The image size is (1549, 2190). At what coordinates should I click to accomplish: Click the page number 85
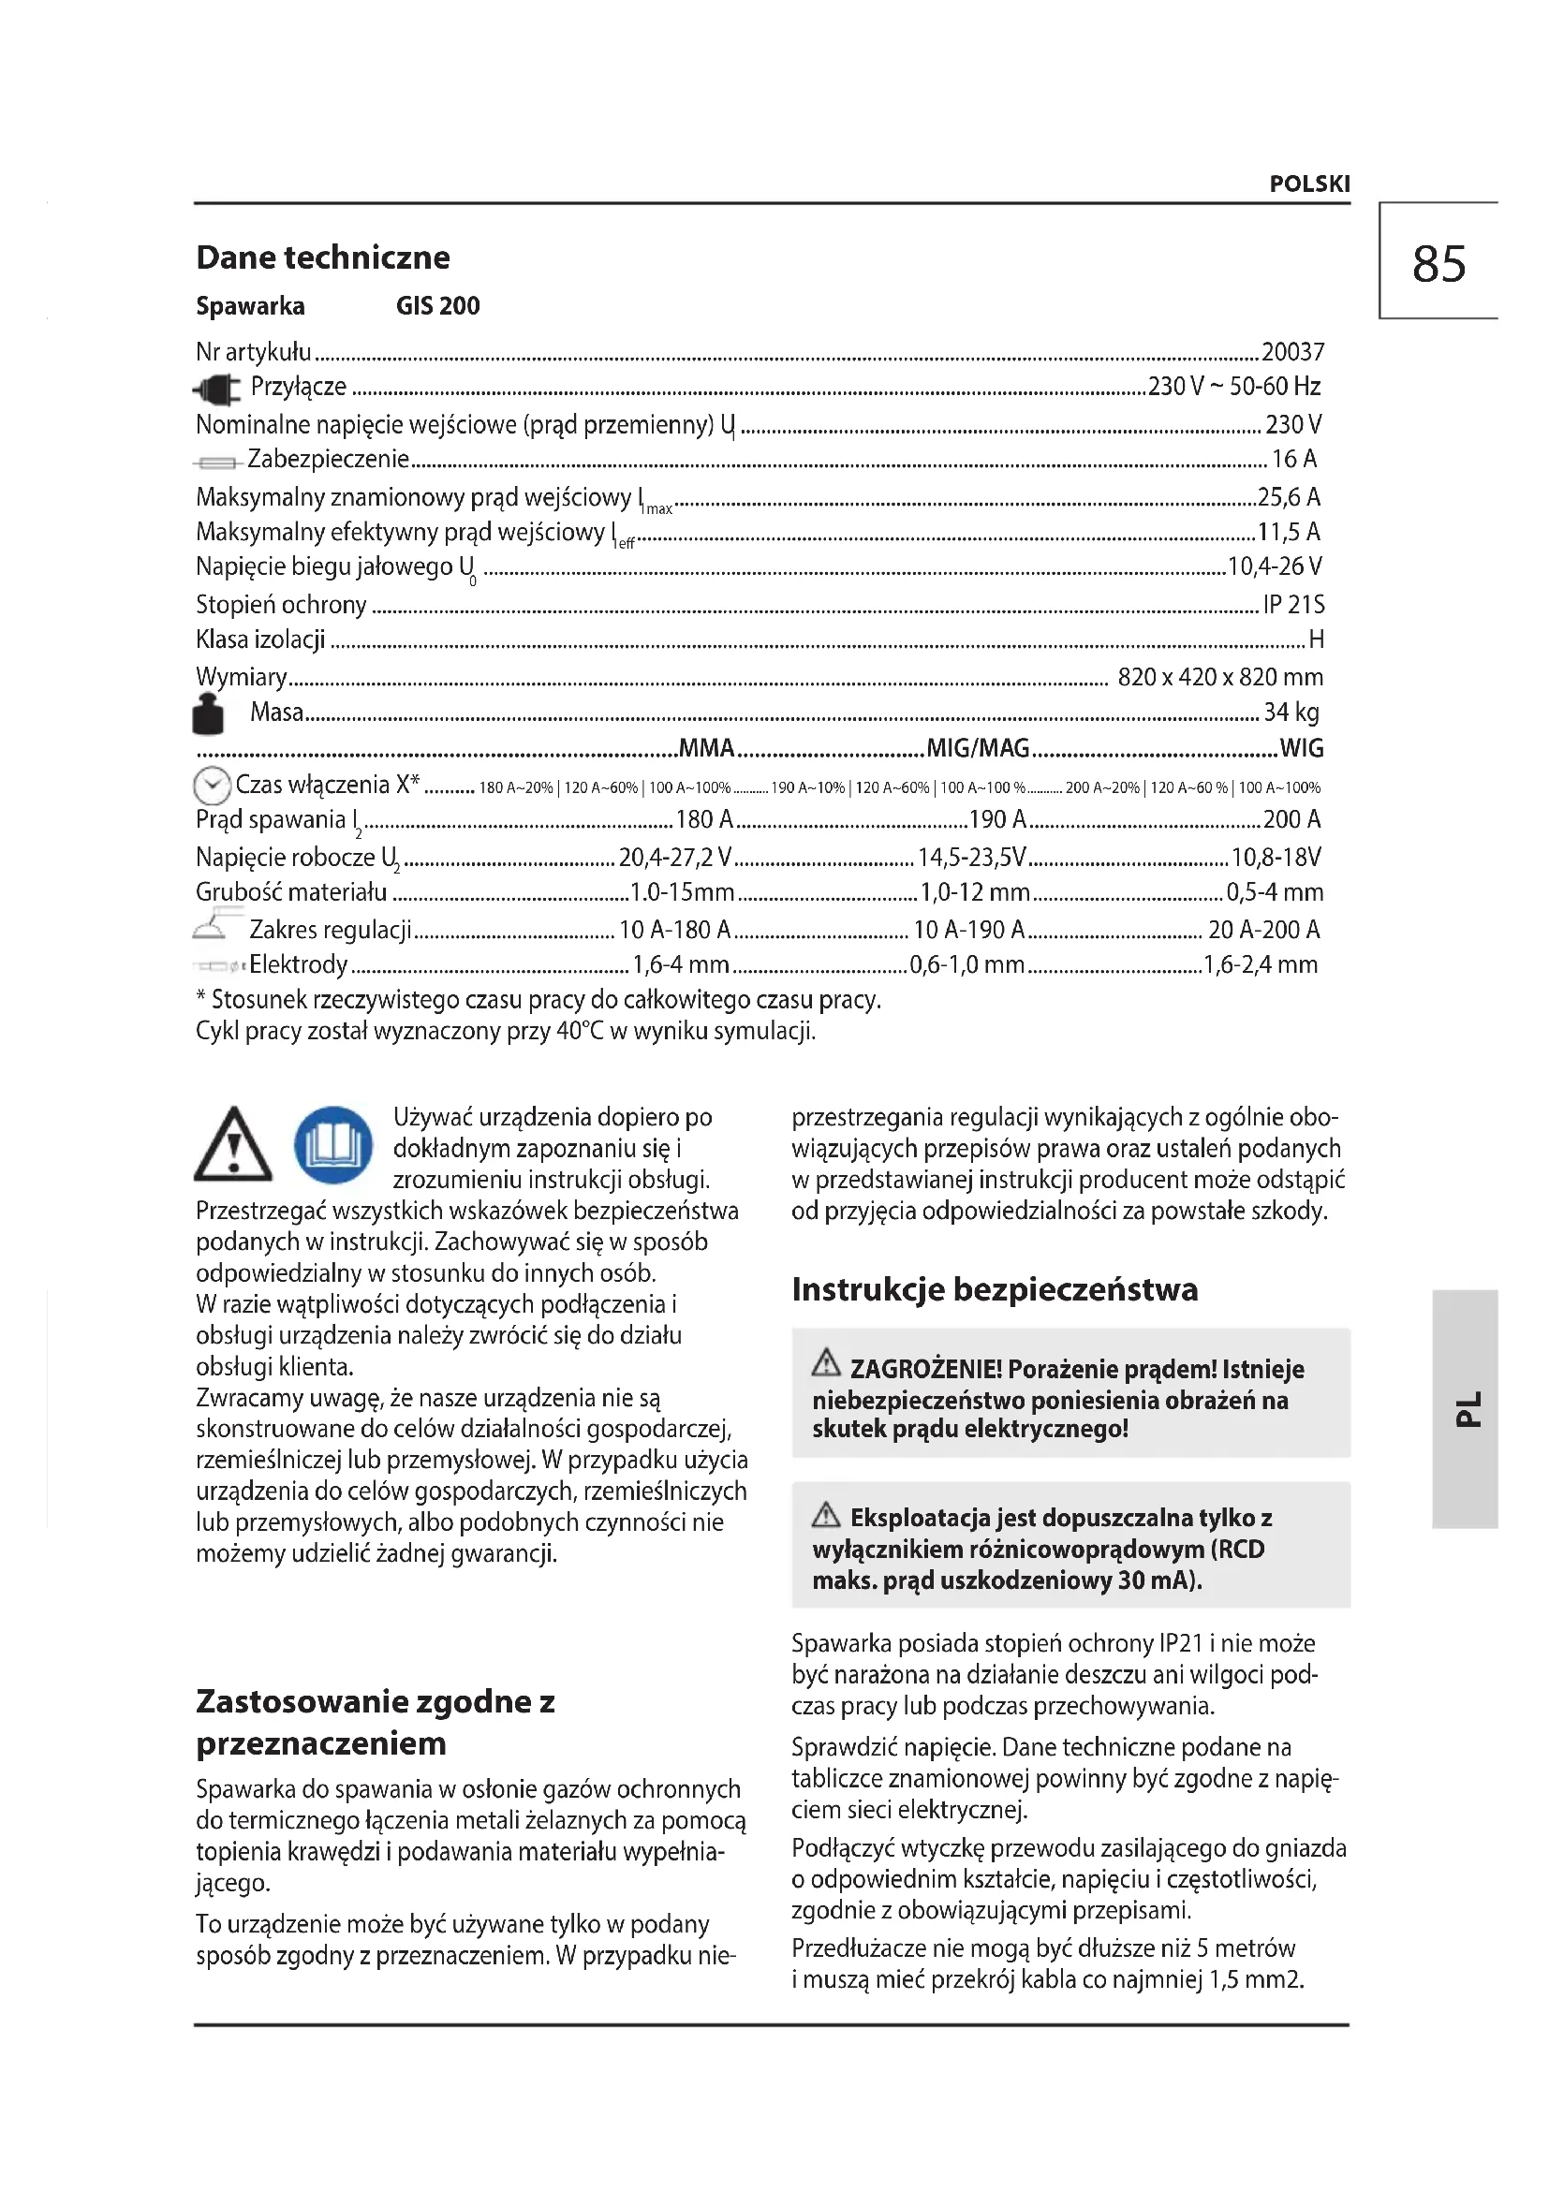pyautogui.click(x=1438, y=264)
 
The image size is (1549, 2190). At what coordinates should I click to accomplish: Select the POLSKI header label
pyautogui.click(x=1309, y=184)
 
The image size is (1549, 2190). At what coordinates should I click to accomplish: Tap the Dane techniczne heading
pyautogui.click(x=322, y=257)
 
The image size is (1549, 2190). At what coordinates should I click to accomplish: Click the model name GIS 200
pyautogui.click(x=437, y=306)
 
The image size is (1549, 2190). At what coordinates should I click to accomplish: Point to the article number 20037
pyautogui.click(x=1292, y=352)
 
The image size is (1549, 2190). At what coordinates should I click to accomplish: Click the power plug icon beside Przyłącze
pyautogui.click(x=216, y=389)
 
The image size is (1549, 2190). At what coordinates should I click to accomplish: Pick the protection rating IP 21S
pyautogui.click(x=1293, y=604)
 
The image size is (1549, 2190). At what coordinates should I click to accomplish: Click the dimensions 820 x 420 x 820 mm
pyautogui.click(x=1220, y=677)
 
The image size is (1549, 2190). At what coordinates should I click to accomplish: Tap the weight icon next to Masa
pyautogui.click(x=209, y=713)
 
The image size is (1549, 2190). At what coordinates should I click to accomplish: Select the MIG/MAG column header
pyautogui.click(x=978, y=749)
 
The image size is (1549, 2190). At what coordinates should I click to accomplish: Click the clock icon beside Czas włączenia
pyautogui.click(x=212, y=786)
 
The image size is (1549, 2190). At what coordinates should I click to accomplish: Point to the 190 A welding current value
pyautogui.click(x=996, y=819)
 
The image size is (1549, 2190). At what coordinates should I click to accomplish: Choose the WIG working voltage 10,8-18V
pyautogui.click(x=1276, y=858)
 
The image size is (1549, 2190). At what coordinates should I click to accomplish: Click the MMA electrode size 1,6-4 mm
pyautogui.click(x=680, y=964)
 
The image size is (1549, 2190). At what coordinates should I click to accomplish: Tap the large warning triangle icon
pyautogui.click(x=233, y=1144)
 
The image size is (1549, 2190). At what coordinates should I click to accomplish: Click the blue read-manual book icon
pyautogui.click(x=332, y=1144)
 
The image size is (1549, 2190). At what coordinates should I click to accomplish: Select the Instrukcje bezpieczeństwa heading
pyautogui.click(x=994, y=1289)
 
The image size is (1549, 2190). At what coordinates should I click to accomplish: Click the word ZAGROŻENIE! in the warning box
pyautogui.click(x=925, y=1370)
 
